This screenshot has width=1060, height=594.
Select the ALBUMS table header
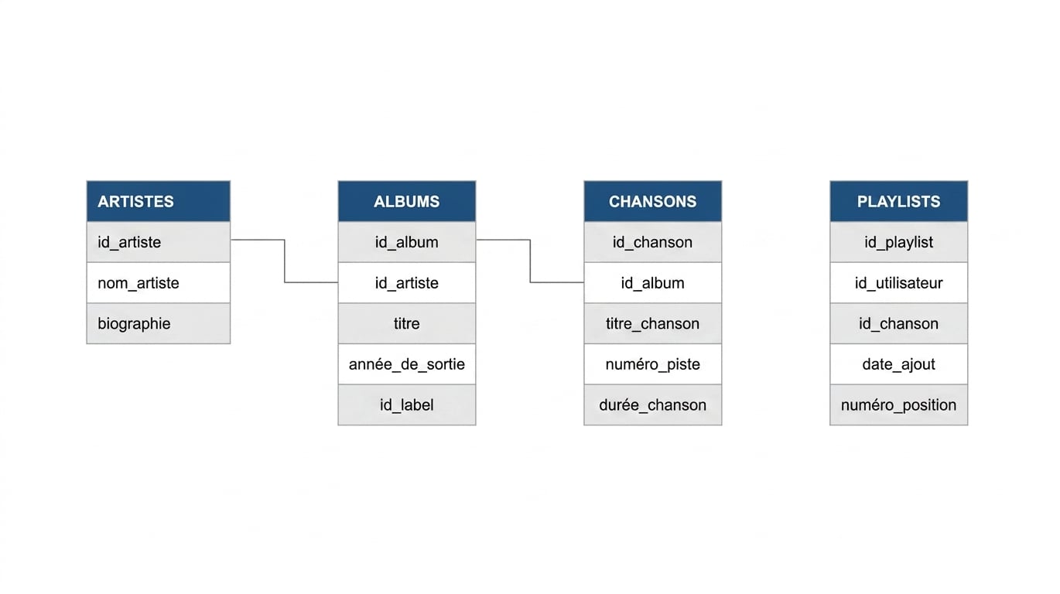point(407,201)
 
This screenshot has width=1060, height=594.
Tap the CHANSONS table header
point(652,201)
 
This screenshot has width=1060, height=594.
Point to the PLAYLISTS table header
point(898,201)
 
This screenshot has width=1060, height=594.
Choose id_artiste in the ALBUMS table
point(407,283)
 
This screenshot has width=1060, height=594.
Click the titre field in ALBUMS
point(407,323)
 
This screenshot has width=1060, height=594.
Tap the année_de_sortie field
point(407,364)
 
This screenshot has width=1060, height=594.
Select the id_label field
point(407,405)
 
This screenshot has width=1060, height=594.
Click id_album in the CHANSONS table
point(652,283)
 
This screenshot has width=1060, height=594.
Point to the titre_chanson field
point(652,323)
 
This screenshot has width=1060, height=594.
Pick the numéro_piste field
point(652,364)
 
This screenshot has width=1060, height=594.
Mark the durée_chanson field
point(652,405)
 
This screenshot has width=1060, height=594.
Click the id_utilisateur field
point(898,283)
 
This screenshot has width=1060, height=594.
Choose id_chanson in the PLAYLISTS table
point(898,323)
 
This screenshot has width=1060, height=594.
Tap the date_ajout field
point(898,364)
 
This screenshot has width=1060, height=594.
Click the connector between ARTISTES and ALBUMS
point(285,261)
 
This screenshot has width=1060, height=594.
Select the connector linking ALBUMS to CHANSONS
point(530,261)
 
